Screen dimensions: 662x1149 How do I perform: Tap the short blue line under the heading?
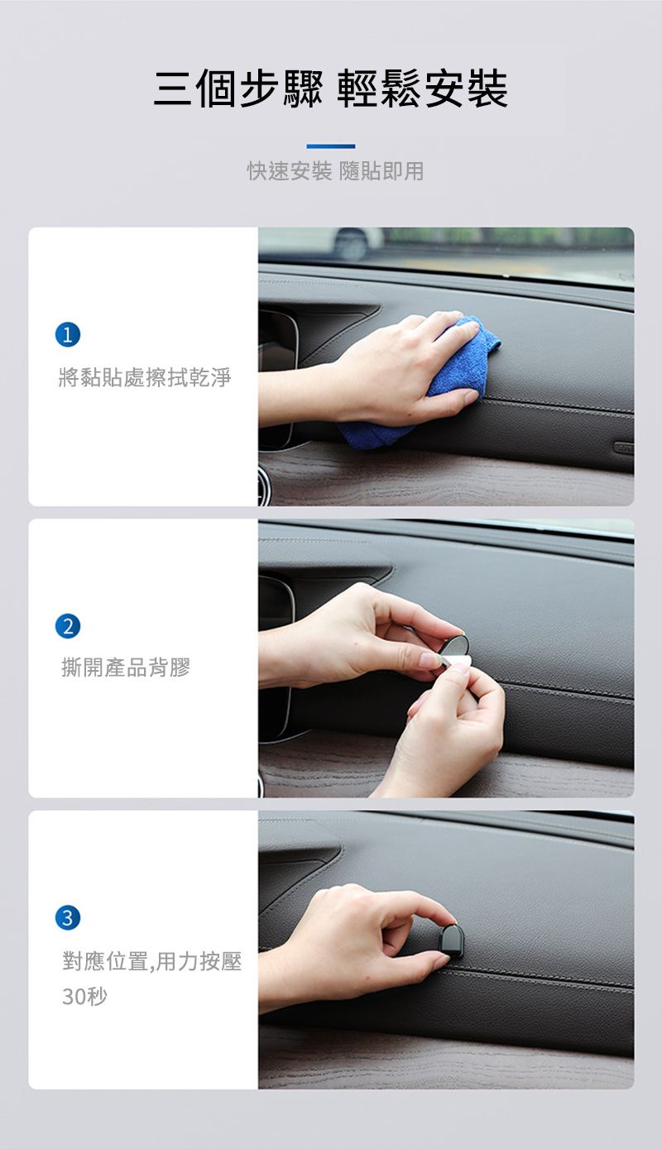(331, 146)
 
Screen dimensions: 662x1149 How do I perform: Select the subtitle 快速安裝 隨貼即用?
(336, 170)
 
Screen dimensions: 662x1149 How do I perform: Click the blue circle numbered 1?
(68, 335)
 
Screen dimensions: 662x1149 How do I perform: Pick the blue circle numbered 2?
(68, 626)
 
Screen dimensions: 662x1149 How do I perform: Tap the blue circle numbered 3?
(68, 917)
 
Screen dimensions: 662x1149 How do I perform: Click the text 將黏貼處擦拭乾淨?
(146, 377)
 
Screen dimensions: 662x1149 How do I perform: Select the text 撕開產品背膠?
(126, 667)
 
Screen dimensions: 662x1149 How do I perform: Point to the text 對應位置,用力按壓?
(152, 960)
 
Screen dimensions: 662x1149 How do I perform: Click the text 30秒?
(84, 996)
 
